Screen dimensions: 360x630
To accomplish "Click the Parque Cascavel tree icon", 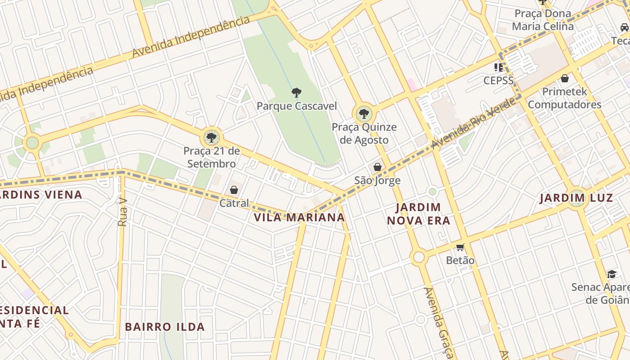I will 296,93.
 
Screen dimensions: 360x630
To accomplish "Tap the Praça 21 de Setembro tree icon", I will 211,137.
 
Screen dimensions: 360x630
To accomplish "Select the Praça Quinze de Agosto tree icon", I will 364,113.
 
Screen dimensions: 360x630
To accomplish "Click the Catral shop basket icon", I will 234,190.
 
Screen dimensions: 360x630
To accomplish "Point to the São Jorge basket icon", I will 377,167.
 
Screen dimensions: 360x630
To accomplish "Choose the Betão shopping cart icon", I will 460,247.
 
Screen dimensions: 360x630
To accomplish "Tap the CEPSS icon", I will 498,67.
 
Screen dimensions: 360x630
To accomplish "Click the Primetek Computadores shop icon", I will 565,78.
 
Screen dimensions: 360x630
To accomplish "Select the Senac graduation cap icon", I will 612,274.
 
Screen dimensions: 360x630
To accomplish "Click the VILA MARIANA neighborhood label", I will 299,218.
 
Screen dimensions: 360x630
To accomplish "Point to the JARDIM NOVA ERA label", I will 423,214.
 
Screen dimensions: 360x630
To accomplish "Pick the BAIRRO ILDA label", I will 165,327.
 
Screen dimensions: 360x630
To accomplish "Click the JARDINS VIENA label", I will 41,195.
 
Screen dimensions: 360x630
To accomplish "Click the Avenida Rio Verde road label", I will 473,124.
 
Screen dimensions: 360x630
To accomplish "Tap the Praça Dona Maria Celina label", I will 543,20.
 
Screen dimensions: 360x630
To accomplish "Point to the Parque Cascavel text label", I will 297,106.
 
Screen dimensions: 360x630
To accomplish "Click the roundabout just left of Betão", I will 418,257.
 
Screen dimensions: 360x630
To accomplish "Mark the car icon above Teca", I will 624,27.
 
